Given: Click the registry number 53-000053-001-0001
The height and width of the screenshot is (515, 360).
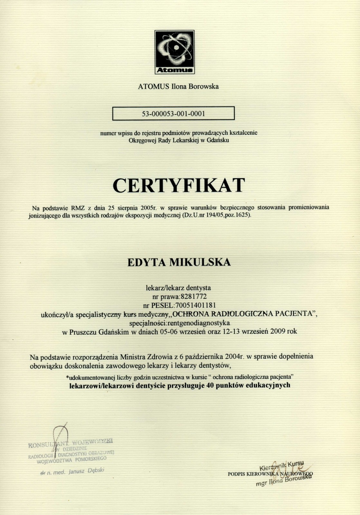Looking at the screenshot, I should coord(174,114).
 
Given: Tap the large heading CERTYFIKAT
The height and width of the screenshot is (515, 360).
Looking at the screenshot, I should coord(179,185).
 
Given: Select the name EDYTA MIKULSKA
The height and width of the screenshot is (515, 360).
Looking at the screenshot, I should coord(179,262).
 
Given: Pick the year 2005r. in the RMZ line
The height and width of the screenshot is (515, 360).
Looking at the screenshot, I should coord(151,208).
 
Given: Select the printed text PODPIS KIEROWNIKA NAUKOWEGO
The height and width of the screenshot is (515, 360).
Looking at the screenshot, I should coord(270,474).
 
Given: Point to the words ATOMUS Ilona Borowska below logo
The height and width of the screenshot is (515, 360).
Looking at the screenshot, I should coord(178,86).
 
